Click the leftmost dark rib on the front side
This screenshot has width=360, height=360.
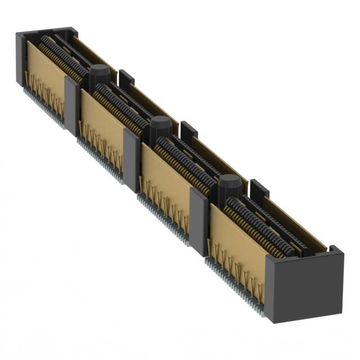(x=72, y=105)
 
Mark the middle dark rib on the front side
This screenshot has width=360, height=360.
(x=131, y=160)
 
